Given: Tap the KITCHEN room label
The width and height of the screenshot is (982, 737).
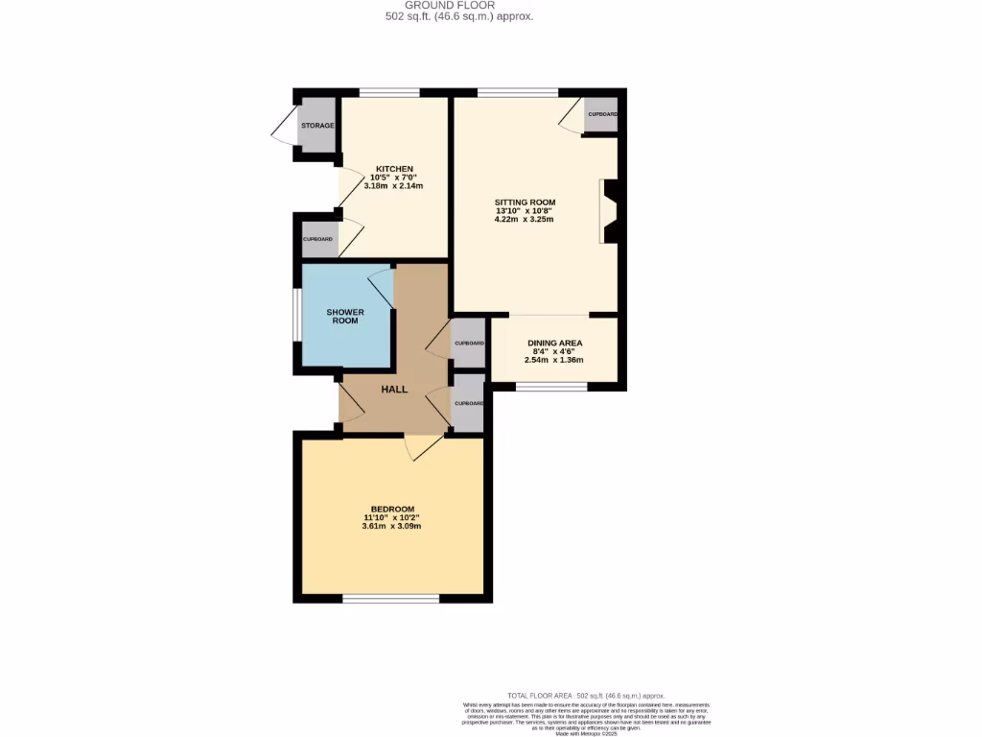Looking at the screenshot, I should coord(394,169).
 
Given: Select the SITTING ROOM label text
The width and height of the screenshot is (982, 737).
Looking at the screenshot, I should coord(525,202).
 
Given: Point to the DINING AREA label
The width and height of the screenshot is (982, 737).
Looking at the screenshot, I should coord(554,344).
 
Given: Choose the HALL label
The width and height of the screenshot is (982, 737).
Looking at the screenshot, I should coord(394,390).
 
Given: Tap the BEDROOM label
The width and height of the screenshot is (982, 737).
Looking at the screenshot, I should coord(392,509).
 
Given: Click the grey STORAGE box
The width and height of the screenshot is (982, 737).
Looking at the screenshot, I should coord(317,126).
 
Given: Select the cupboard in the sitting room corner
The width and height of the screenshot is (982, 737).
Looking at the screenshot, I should coord(601,114).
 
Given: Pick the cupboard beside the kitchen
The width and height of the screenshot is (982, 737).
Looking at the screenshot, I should coord(318,239).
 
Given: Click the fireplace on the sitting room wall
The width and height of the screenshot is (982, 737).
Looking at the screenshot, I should coord(608,212).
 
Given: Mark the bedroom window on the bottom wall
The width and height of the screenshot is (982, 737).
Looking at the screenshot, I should coord(391,599).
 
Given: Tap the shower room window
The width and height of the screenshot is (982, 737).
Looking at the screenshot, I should coord(296,316).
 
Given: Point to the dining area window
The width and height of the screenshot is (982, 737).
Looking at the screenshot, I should coord(551,387).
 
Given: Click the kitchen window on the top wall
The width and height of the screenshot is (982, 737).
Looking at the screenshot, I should coord(389,92).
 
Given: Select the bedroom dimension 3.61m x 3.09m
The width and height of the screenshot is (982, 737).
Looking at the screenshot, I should coord(391,526).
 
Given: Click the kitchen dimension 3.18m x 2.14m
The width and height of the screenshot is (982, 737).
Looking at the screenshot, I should coord(394,186).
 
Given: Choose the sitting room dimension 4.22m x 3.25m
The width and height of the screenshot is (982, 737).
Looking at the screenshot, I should coord(525,220).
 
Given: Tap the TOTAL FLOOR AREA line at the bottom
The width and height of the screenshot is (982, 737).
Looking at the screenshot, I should coord(586,695).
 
